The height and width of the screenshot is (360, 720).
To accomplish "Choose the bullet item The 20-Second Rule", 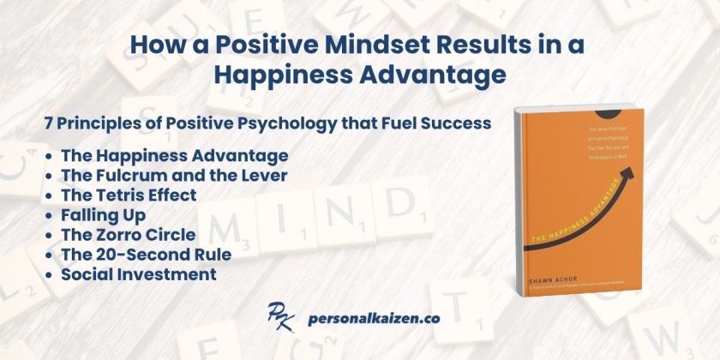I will pyautogui.click(x=146, y=254).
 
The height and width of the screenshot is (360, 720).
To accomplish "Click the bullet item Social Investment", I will pyautogui.click(x=138, y=273).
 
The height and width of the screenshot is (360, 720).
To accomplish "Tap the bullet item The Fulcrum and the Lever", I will pyautogui.click(x=174, y=175).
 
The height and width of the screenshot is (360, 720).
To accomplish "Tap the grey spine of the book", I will pyautogui.click(x=518, y=206).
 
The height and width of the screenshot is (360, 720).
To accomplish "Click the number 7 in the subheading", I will pyautogui.click(x=50, y=123).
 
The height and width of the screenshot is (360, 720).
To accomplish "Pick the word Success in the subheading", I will pyautogui.click(x=457, y=123).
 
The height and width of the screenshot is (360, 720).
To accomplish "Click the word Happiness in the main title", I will pyautogui.click(x=285, y=75).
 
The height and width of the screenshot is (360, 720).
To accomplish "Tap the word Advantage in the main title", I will pyautogui.click(x=433, y=75).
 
